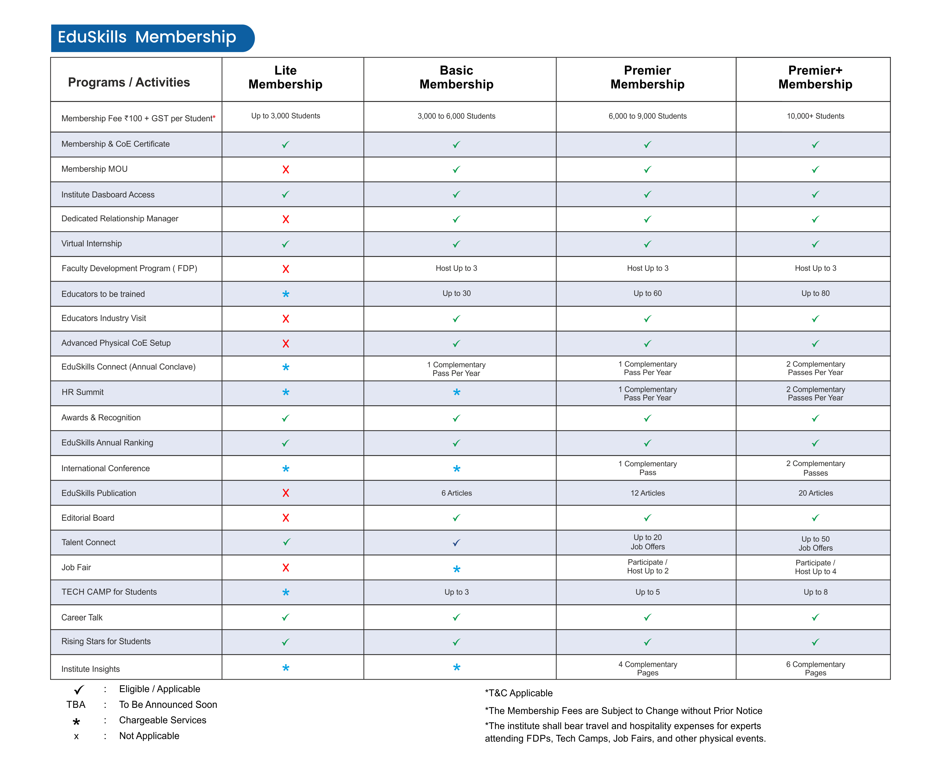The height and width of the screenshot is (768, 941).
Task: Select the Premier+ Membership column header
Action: coord(815,78)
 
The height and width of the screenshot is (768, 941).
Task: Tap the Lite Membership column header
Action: coord(285,78)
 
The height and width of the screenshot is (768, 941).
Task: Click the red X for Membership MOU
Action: coord(286,169)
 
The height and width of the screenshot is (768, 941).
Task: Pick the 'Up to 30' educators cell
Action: coord(457,293)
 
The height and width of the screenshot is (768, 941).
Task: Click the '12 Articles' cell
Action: coord(647,493)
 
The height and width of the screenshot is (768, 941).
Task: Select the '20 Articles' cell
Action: coord(815,493)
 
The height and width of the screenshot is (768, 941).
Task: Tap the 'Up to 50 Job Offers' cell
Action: coord(815,543)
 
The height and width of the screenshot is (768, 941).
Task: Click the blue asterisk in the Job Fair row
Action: coord(457,569)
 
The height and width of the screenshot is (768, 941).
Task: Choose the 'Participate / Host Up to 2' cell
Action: coord(647,567)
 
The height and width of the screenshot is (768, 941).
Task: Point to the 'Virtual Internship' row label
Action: coord(92,244)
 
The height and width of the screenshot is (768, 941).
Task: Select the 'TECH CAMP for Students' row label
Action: coord(109,592)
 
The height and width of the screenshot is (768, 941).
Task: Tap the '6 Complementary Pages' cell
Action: coord(815,668)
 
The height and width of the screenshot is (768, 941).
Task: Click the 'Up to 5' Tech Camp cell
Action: coord(647,592)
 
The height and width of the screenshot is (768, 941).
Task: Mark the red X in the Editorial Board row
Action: coord(286,517)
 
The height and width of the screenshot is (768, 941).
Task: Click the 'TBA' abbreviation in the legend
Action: coord(76,704)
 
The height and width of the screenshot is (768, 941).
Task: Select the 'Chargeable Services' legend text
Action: coord(162,720)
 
